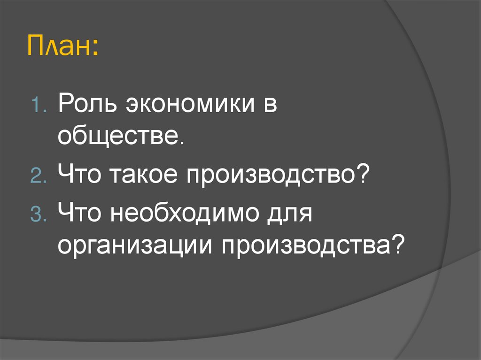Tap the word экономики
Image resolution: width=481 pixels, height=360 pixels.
click(x=186, y=105)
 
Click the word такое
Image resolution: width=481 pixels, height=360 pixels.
click(x=145, y=176)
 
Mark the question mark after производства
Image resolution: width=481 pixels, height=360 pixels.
click(x=398, y=245)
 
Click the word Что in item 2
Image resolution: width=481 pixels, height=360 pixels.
click(x=81, y=176)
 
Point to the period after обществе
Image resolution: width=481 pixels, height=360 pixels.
click(x=176, y=143)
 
